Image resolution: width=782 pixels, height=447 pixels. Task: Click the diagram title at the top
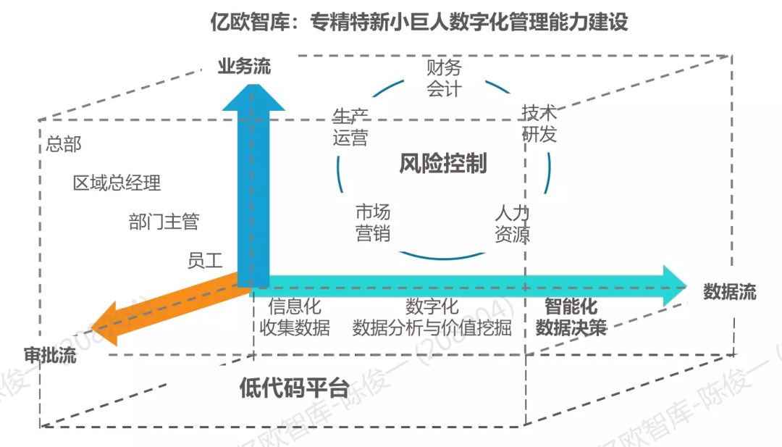tap(419, 22)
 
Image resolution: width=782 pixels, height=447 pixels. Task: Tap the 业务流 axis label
tap(244, 67)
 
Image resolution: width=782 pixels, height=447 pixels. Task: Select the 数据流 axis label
tap(729, 292)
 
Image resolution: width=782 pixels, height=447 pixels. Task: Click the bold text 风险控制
tap(442, 164)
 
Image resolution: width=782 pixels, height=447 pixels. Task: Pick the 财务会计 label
tap(443, 78)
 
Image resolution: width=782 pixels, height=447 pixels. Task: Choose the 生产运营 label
tap(350, 127)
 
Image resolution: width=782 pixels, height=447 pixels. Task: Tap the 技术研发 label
tap(539, 123)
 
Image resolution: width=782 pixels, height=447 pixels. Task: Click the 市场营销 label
tap(373, 222)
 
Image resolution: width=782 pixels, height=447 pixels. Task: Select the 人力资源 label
tap(513, 223)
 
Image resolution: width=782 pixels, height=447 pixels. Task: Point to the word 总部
tap(64, 143)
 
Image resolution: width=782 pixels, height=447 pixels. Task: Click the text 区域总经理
tap(117, 183)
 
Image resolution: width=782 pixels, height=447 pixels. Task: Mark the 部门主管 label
tap(164, 222)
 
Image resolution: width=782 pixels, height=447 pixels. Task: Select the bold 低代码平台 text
tap(293, 388)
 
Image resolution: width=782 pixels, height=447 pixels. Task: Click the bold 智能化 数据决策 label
tap(571, 317)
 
